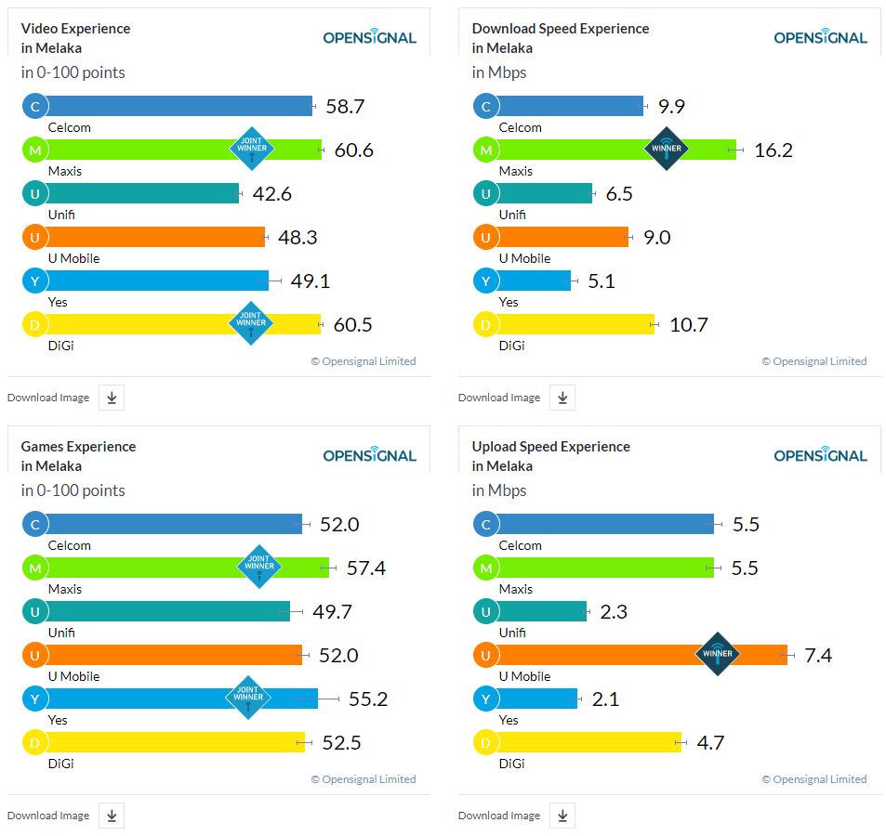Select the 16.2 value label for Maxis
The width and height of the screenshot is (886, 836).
point(773,150)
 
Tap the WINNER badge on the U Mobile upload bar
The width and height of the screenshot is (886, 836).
point(718,654)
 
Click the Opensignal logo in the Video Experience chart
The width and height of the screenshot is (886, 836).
point(369,37)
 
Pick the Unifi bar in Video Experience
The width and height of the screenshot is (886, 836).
point(139,193)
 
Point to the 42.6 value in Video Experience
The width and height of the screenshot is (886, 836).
point(271,194)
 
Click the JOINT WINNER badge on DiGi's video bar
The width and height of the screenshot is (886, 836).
point(251,323)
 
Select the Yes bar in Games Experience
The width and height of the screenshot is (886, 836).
point(177,699)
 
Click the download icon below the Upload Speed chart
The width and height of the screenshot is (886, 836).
point(562,816)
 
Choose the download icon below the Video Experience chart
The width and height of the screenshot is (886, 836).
point(112,398)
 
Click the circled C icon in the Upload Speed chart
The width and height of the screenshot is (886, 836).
point(485,525)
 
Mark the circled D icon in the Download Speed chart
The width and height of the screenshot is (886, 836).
point(485,325)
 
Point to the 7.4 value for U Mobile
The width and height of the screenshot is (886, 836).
point(818,656)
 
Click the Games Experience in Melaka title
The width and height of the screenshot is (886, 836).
point(78,456)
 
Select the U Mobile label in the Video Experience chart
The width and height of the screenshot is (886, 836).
point(73,258)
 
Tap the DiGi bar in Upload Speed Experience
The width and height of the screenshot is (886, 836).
point(586,742)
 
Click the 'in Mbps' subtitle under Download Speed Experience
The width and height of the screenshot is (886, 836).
point(499,72)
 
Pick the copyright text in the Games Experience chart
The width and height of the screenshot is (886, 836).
point(363,779)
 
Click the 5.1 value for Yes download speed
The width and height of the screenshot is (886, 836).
point(602,281)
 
